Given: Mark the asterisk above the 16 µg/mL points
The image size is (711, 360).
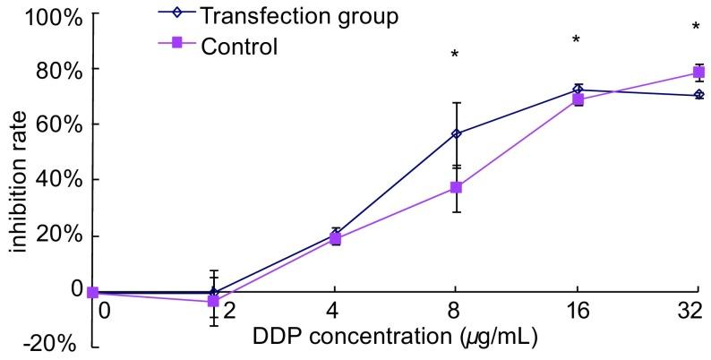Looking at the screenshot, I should pyautogui.click(x=577, y=40).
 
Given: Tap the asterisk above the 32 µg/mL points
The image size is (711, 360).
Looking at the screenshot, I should pyautogui.click(x=696, y=28).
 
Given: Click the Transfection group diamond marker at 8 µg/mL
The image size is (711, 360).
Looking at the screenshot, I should pyautogui.click(x=457, y=133).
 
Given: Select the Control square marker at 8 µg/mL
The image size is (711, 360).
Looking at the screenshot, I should pyautogui.click(x=457, y=187).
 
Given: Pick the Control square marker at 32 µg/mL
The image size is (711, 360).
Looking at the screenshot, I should pyautogui.click(x=699, y=73).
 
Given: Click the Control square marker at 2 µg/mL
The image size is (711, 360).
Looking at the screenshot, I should pyautogui.click(x=213, y=301).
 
